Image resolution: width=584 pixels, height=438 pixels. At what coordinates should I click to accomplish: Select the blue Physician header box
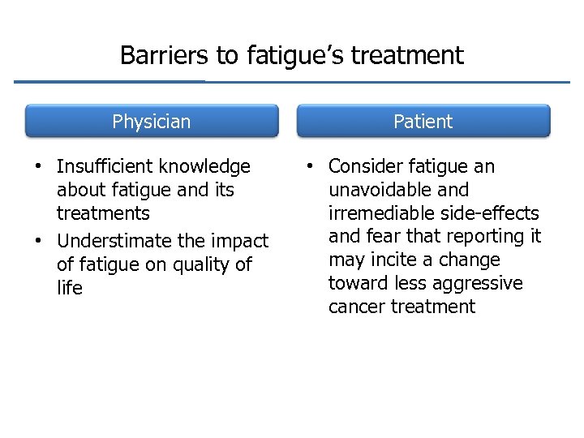(152, 122)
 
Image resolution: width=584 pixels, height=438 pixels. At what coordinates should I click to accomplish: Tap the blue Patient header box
(423, 122)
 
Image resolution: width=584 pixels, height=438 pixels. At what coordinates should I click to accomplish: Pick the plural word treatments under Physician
(103, 213)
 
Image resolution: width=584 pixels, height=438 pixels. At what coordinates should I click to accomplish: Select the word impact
(242, 242)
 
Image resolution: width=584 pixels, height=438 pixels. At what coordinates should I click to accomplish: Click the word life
(70, 288)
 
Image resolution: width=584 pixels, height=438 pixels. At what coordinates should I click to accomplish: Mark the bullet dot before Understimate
(37, 241)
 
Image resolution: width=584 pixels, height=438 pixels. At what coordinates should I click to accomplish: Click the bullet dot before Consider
(309, 166)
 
